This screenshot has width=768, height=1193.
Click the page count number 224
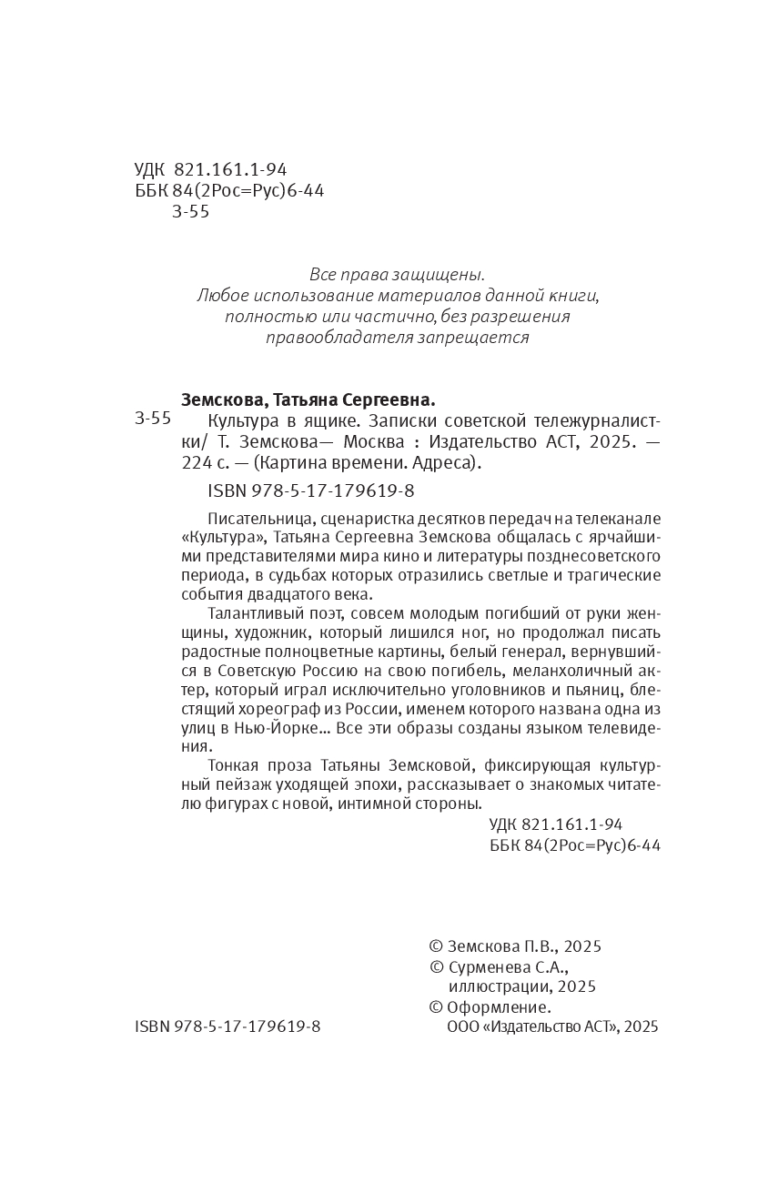pyautogui.click(x=197, y=463)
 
